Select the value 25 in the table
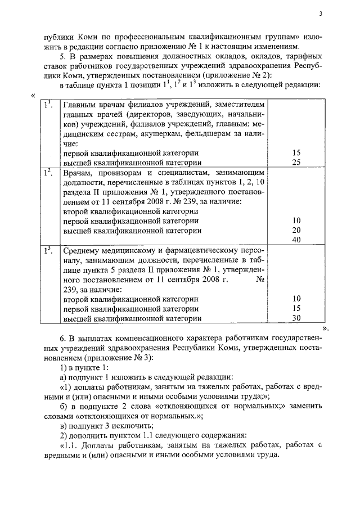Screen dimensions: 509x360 point(296,162)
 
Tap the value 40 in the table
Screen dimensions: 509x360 point(296,240)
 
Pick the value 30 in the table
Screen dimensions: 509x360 point(296,318)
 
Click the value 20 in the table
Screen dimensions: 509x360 point(296,230)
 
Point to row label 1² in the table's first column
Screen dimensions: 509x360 point(48,172)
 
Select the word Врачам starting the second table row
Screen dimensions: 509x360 point(76,173)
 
